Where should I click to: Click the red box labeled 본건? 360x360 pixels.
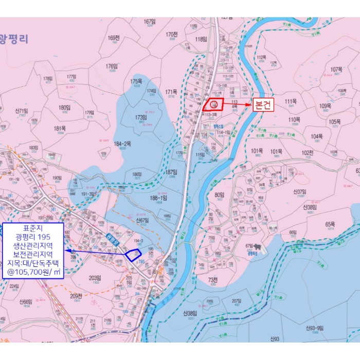(x=264, y=105)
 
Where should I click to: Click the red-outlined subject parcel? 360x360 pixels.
(x=213, y=104)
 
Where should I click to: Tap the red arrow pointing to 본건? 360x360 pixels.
(x=237, y=105)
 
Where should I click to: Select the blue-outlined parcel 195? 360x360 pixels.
(x=134, y=254)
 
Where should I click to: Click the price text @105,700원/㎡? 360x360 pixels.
(x=33, y=271)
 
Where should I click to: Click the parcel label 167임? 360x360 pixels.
(x=150, y=22)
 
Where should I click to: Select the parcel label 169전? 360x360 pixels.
(x=114, y=38)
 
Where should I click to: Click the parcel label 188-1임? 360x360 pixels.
(x=158, y=197)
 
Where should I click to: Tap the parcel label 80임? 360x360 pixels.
(x=220, y=195)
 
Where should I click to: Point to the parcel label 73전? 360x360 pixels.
(x=213, y=279)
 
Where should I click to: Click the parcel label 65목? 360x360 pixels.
(x=330, y=225)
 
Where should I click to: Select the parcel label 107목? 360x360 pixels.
(x=336, y=69)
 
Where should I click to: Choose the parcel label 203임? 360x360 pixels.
(x=95, y=278)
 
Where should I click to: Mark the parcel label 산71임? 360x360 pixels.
(x=21, y=111)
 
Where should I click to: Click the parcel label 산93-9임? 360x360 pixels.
(x=314, y=328)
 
